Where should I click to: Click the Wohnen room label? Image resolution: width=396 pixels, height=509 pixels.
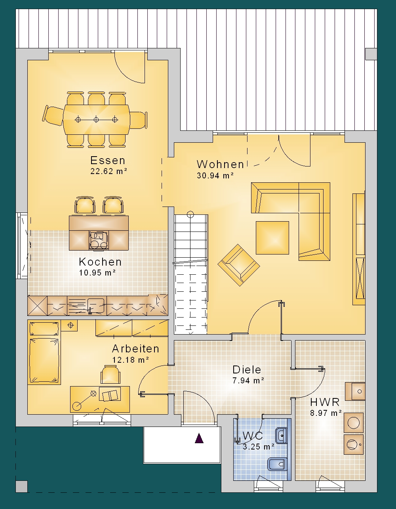pos(220,165)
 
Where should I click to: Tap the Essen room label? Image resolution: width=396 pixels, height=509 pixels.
pos(108,161)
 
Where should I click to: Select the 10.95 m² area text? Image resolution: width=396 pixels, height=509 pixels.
pos(97,273)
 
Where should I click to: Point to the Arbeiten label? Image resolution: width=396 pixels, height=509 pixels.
pos(136,349)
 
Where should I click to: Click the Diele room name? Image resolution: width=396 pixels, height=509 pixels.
pos(247,369)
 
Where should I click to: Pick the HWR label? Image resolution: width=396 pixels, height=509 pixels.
pos(325,402)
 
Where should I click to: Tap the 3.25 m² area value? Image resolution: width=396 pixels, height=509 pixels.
pos(259,447)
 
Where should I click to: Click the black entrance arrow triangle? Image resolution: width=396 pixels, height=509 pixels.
pos(199,438)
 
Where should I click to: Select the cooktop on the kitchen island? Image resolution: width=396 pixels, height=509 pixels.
pos(99,240)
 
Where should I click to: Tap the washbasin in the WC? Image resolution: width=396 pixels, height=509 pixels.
pos(282,436)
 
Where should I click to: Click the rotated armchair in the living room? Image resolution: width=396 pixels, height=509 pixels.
pos(238,265)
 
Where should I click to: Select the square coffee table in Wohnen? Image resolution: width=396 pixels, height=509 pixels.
pos(272,238)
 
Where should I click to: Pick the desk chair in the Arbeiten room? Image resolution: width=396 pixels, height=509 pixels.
pos(110,375)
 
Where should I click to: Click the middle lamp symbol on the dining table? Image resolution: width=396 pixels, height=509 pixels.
pos(96,120)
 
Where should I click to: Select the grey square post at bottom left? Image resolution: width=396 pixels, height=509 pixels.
pos(21,487)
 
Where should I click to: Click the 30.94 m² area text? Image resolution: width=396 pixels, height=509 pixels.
pos(215,176)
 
